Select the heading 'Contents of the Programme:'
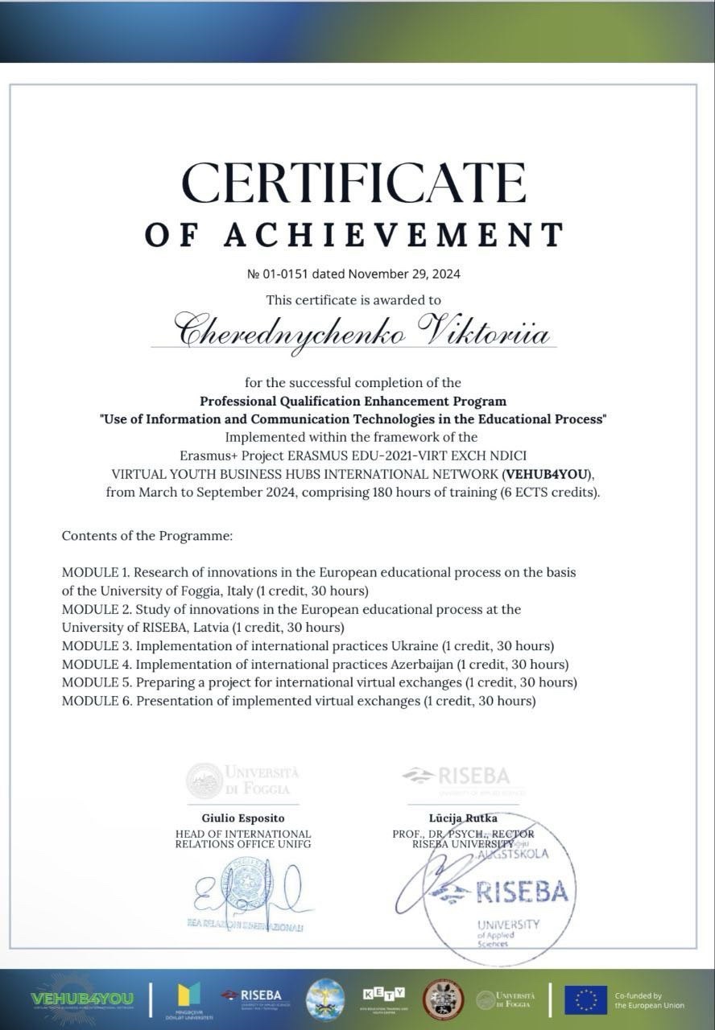click(147, 535)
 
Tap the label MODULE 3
click(96, 645)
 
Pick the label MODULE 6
click(96, 701)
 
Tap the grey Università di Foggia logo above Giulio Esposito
click(243, 779)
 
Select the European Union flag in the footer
click(585, 999)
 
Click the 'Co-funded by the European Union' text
click(649, 1000)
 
